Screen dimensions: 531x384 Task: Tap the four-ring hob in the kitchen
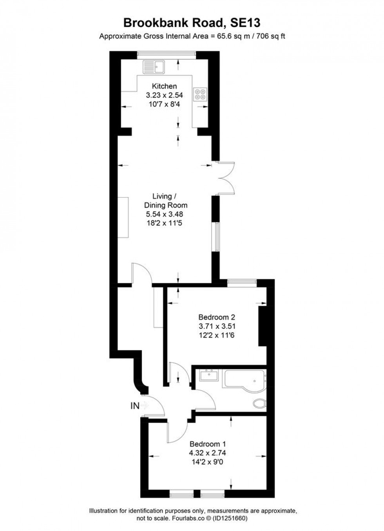pos(200,94)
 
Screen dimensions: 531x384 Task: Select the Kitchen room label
pos(164,86)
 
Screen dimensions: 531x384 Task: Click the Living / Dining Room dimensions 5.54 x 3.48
pos(164,214)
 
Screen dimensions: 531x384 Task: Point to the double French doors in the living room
pos(225,178)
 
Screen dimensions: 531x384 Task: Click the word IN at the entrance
pos(134,406)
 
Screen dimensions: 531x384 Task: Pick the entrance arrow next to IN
pos(145,406)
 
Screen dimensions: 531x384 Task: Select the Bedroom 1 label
pos(207,444)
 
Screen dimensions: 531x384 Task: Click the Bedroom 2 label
pos(217,317)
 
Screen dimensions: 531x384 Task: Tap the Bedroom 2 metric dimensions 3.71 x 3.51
pos(217,326)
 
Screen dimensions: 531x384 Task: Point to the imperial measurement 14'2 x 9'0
pos(207,462)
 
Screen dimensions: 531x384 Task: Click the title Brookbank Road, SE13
pos(192,23)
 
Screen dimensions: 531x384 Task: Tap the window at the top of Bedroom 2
pos(242,281)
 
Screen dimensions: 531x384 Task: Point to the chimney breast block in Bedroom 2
pos(262,326)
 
